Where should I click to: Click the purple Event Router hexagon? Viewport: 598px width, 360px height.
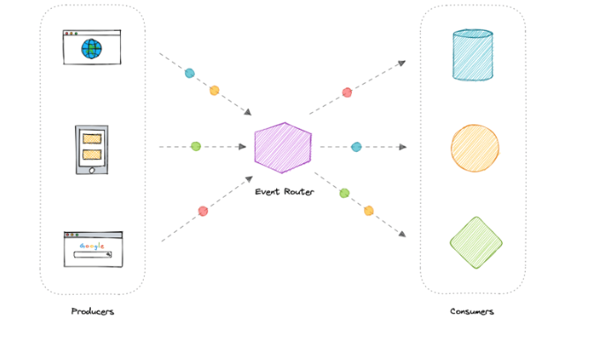pos(282,146)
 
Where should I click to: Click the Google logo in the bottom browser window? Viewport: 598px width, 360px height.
pos(91,245)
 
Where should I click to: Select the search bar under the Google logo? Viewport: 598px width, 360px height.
pos(92,255)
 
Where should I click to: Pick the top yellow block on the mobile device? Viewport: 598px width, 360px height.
pos(92,139)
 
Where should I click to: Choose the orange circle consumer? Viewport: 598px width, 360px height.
pos(475,147)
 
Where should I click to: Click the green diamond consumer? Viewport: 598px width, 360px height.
pos(475,242)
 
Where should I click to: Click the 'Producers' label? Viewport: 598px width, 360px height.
pos(93,311)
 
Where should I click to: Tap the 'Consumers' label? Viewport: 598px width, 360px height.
pos(472,311)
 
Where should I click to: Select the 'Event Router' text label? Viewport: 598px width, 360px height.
pos(283,191)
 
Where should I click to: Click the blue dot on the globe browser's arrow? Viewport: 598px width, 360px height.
pos(190,73)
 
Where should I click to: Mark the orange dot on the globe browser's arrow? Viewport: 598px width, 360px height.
pos(213,90)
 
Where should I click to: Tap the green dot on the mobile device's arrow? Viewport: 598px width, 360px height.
pos(196,146)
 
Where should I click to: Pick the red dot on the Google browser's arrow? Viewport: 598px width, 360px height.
pos(203,211)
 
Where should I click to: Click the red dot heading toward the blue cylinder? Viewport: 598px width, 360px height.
pos(347,92)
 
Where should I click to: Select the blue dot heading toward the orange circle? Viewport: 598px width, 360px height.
pos(356,146)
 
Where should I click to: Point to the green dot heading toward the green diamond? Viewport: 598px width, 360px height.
pos(344,192)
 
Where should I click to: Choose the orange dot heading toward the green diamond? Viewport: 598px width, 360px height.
pos(369,210)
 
